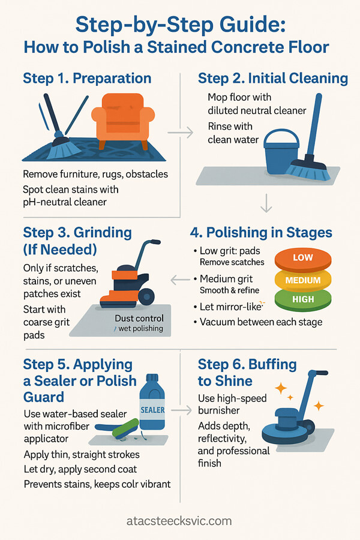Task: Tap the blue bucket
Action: (x=281, y=151)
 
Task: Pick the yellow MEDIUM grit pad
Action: (x=303, y=280)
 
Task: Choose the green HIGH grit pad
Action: (x=303, y=299)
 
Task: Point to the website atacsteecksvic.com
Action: (x=179, y=521)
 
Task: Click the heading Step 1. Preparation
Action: (x=87, y=79)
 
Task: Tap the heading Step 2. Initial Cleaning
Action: (x=273, y=79)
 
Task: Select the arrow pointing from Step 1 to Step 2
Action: (x=180, y=132)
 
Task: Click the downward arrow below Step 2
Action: (x=266, y=203)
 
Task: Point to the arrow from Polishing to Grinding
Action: (x=181, y=280)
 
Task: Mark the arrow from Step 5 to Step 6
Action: (x=181, y=410)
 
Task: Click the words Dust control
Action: (x=139, y=318)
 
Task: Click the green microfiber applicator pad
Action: (x=126, y=428)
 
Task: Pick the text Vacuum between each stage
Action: (x=261, y=322)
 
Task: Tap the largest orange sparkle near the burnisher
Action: (x=281, y=388)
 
